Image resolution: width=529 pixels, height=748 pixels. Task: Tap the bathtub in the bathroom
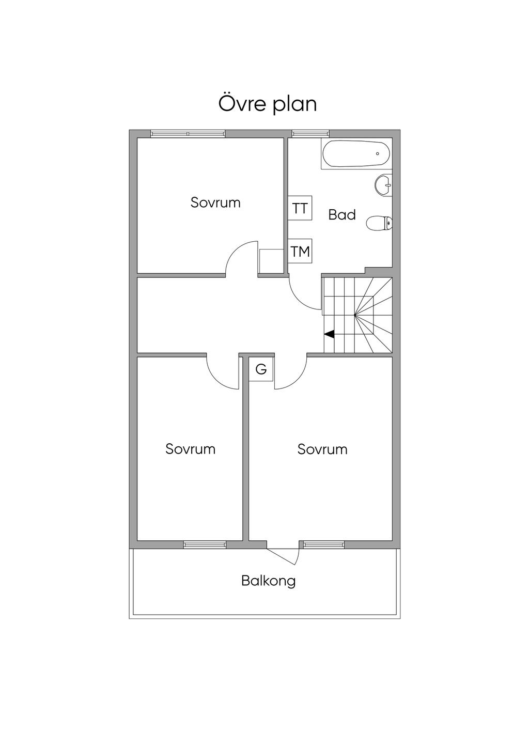pos(356,153)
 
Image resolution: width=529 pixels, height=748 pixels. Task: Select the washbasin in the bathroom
pos(383,184)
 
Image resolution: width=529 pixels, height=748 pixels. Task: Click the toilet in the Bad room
pos(379,223)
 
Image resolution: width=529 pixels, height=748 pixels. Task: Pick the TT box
pos(300,208)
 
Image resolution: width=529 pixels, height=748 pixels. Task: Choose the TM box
pos(300,252)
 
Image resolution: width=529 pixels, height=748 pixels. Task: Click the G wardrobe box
pos(261,369)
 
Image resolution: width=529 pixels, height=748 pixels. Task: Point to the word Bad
pos(341,214)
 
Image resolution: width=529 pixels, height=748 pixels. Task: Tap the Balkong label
pos(269,581)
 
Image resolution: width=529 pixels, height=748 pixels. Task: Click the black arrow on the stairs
pos(329,334)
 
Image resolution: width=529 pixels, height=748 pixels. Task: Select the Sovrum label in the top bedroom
pos(215,202)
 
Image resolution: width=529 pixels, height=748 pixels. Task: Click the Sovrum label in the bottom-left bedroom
pos(190,449)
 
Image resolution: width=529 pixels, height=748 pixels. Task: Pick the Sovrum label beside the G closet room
pos(322,449)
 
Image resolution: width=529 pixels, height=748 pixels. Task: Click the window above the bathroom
pos(310,134)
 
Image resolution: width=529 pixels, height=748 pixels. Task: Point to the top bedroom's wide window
pos(188,134)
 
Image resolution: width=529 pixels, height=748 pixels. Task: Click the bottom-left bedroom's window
pos(205,545)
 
